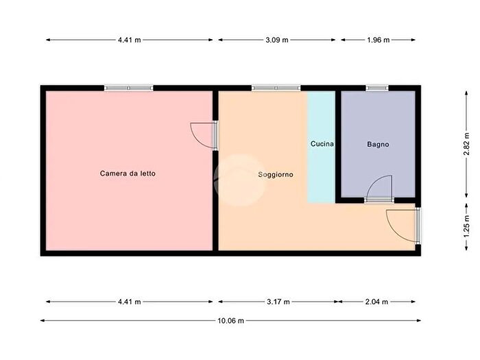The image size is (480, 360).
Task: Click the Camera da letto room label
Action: (128, 173)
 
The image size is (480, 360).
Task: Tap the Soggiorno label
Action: (276, 174)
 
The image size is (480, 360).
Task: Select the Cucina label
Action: (322, 143)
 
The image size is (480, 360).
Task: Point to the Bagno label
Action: (378, 144)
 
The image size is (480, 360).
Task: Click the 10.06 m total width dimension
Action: (231, 320)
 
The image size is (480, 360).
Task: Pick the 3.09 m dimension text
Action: (277, 40)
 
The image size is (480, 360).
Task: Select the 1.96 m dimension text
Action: (379, 40)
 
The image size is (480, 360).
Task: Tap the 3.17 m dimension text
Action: (278, 302)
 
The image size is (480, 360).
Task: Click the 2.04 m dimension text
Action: (376, 302)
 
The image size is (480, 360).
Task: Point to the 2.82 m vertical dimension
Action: (466, 144)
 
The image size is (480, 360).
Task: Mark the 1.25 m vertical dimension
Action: (466, 226)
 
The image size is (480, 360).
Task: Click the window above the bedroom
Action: (129, 88)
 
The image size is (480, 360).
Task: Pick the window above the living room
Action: (276, 88)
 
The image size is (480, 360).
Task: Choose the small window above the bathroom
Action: (377, 88)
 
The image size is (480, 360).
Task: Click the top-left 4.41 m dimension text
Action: (130, 40)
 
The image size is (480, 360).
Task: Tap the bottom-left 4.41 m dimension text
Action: (130, 302)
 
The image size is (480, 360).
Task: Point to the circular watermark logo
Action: (239, 180)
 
